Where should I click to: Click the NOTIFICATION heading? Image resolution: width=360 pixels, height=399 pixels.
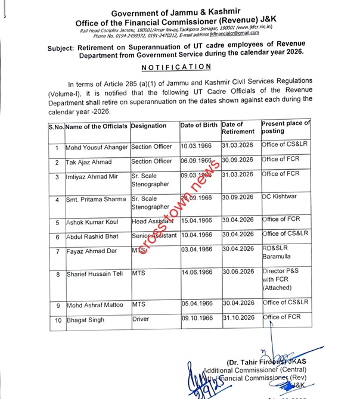(x=179, y=67)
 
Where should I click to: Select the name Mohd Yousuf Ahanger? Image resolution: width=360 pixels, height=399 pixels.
(x=96, y=146)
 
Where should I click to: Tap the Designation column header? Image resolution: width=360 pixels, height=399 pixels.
(x=149, y=126)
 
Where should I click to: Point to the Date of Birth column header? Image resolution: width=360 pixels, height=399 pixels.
(x=199, y=126)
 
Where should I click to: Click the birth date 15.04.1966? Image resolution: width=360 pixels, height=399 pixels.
(x=197, y=220)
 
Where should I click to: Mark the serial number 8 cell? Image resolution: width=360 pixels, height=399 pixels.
(x=56, y=275)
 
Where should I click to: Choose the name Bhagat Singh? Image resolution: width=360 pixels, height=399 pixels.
(x=85, y=320)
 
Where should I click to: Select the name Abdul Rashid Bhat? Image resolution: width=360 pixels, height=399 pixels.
(x=92, y=235)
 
